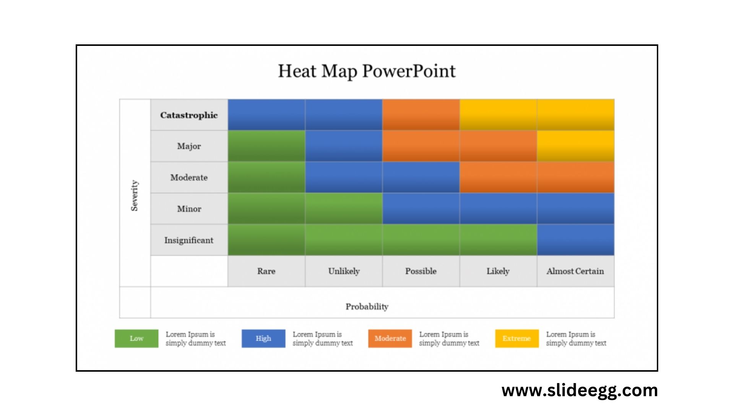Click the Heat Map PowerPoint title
pos(367,71)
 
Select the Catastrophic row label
pos(189,115)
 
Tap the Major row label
pos(189,146)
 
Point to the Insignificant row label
pos(189,240)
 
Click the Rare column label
pos(266,271)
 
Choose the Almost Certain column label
pos(575,271)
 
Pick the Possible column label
pos(421,271)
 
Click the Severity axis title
pos(135,195)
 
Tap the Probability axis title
pos(367,306)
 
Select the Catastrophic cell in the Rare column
pos(266,115)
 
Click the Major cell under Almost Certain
pos(575,146)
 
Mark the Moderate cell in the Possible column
pos(421,177)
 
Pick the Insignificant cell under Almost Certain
pos(575,240)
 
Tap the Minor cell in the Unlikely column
pos(344,208)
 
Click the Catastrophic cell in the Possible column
pos(421,115)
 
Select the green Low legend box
pos(136,338)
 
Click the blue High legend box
pos(263,338)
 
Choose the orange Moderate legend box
pos(390,338)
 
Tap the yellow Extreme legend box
pos(517,338)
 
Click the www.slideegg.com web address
pos(580,390)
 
